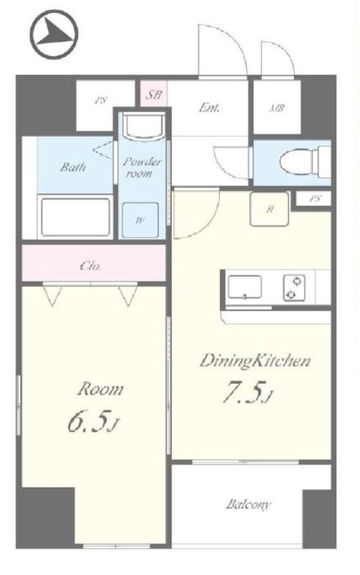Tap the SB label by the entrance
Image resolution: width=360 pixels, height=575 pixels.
click(154, 95)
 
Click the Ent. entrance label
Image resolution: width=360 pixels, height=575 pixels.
click(209, 107)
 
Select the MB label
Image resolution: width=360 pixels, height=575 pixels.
click(277, 108)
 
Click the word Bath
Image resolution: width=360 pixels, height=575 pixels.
click(73, 168)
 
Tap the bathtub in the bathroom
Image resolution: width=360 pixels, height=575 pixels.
click(76, 217)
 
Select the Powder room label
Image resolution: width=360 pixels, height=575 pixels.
click(142, 167)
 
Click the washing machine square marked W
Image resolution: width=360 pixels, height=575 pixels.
click(140, 220)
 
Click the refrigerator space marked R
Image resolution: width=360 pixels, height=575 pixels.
click(269, 209)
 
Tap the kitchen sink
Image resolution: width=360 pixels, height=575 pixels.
click(245, 287)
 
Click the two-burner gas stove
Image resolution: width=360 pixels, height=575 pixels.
click(294, 287)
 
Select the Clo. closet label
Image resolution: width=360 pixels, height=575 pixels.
click(90, 265)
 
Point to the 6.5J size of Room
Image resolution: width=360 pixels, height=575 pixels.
click(93, 422)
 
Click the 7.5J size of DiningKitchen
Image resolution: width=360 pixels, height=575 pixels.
click(248, 393)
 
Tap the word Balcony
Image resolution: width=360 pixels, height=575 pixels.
click(248, 504)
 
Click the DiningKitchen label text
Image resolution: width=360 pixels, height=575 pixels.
click(255, 361)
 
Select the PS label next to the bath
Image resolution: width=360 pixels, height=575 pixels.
click(101, 100)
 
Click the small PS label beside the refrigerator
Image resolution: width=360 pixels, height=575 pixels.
click(315, 199)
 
